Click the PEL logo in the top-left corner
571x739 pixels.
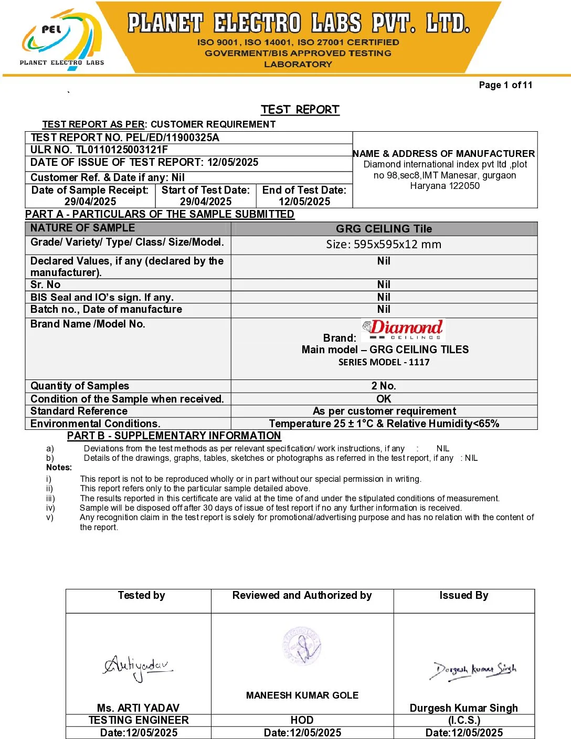62,39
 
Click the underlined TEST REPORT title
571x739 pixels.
300,110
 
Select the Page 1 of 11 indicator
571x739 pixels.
505,85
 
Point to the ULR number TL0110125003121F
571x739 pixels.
122,150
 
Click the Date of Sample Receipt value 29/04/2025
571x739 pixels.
90,202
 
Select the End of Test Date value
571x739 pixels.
304,202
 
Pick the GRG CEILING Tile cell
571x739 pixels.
384,229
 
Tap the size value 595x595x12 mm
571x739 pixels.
384,245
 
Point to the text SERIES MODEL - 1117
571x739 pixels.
384,362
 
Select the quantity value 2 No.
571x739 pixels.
384,386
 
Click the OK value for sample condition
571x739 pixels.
384,399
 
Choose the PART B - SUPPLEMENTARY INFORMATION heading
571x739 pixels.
174,436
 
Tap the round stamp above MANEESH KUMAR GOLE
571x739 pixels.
302,645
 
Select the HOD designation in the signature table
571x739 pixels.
302,720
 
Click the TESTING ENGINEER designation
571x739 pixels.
139,720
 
